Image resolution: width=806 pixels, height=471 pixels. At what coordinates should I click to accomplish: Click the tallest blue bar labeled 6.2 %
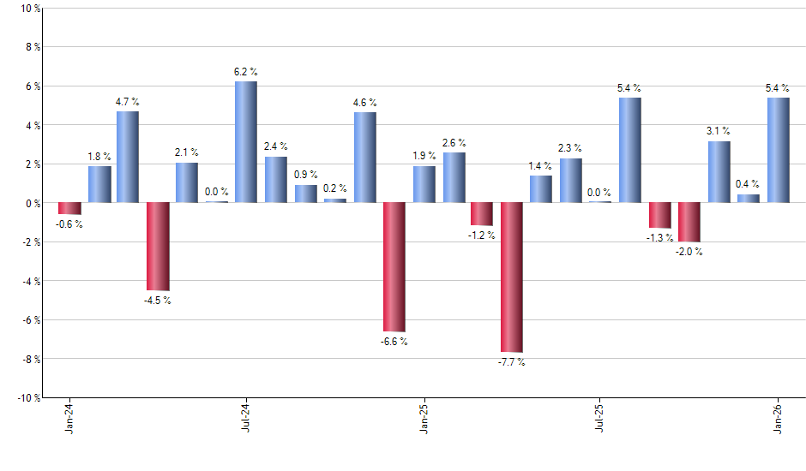click(x=246, y=142)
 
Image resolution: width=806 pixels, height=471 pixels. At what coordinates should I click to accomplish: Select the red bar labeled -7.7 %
click(x=512, y=277)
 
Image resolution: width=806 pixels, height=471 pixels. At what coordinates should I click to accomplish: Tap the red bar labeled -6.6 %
click(x=394, y=267)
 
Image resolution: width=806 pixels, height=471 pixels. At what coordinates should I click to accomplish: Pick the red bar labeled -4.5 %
click(x=158, y=247)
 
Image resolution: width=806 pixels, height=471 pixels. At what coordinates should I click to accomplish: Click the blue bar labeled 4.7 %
click(x=128, y=158)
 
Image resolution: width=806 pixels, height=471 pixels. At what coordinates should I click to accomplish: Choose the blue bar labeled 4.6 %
click(x=364, y=158)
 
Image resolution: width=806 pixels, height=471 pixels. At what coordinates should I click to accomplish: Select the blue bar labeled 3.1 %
click(x=719, y=172)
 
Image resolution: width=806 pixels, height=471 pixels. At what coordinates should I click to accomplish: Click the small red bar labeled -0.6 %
click(x=69, y=208)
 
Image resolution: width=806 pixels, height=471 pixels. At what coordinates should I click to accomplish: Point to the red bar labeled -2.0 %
click(x=689, y=223)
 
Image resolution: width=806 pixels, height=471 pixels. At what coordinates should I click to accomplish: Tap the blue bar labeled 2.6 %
click(x=454, y=177)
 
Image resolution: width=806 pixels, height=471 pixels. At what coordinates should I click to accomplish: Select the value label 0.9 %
click(x=305, y=174)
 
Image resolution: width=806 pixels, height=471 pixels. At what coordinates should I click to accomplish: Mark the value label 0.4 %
click(x=748, y=183)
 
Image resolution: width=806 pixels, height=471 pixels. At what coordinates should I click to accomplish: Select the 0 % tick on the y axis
click(x=32, y=203)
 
